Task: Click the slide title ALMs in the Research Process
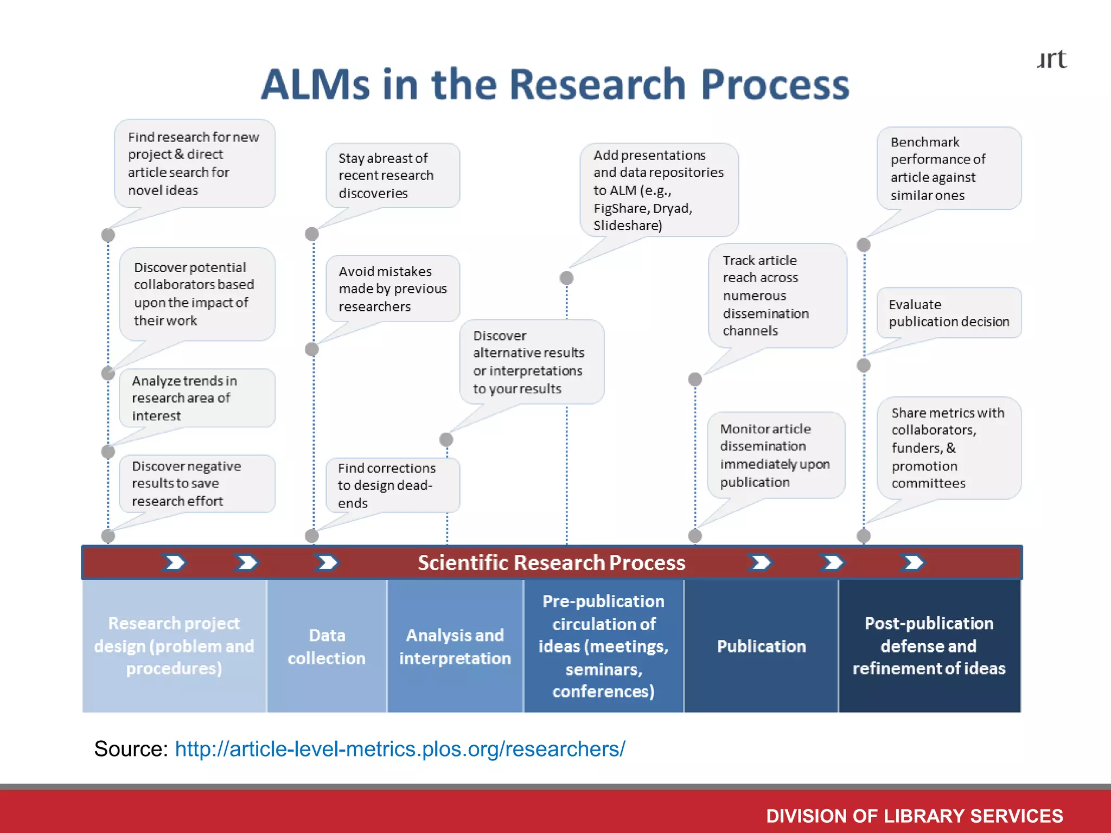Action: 554,85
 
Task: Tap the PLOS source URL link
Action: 400,749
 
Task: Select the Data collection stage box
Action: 327,646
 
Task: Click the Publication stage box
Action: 761,646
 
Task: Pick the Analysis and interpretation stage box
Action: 455,646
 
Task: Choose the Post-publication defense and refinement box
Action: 929,646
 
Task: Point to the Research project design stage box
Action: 174,646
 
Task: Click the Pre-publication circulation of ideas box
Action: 603,646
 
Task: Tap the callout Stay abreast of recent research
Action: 392,175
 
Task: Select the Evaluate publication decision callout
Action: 948,313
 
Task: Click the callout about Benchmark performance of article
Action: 948,168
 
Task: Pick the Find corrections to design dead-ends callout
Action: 392,485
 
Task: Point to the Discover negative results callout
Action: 196,483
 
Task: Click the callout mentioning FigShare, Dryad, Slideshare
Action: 658,190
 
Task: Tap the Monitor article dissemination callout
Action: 775,455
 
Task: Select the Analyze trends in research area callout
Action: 196,398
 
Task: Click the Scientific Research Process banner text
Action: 551,562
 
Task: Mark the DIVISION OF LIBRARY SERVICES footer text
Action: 914,816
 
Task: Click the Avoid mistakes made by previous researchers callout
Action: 392,289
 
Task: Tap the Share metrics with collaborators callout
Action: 948,447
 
